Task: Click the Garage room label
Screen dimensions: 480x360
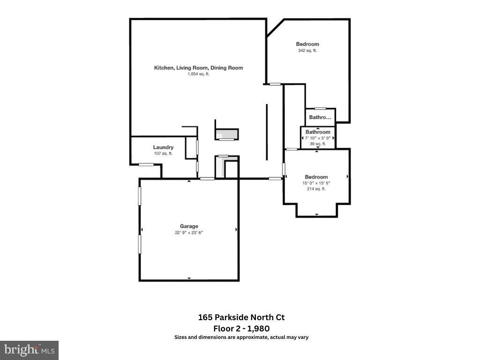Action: coord(189,226)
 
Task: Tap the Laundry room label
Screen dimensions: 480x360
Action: coord(163,147)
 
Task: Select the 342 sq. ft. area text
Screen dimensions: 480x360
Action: coord(307,51)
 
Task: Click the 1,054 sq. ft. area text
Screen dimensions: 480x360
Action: coord(198,74)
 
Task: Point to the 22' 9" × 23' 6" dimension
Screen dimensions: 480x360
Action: coord(189,232)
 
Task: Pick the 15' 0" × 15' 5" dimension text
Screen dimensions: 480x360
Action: coord(316,183)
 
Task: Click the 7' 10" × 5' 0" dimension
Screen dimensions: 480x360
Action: coord(318,138)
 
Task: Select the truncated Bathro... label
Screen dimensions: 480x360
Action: coord(320,117)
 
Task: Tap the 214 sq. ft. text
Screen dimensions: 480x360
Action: coord(316,189)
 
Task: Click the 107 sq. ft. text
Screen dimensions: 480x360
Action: coord(163,153)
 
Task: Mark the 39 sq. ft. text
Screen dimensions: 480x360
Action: coord(318,143)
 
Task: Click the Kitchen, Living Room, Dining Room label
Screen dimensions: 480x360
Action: coord(198,67)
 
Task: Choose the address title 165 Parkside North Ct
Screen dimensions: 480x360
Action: coord(241,317)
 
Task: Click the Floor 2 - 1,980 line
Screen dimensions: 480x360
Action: coord(241,329)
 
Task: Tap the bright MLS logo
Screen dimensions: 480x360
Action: coord(29,350)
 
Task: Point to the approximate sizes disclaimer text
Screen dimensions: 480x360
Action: coord(241,337)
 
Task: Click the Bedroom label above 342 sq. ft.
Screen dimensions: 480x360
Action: coord(307,44)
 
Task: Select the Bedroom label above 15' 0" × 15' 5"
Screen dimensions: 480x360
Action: coord(316,177)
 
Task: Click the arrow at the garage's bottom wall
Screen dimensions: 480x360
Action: coord(189,278)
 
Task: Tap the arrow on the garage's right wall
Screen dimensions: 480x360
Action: coord(236,229)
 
